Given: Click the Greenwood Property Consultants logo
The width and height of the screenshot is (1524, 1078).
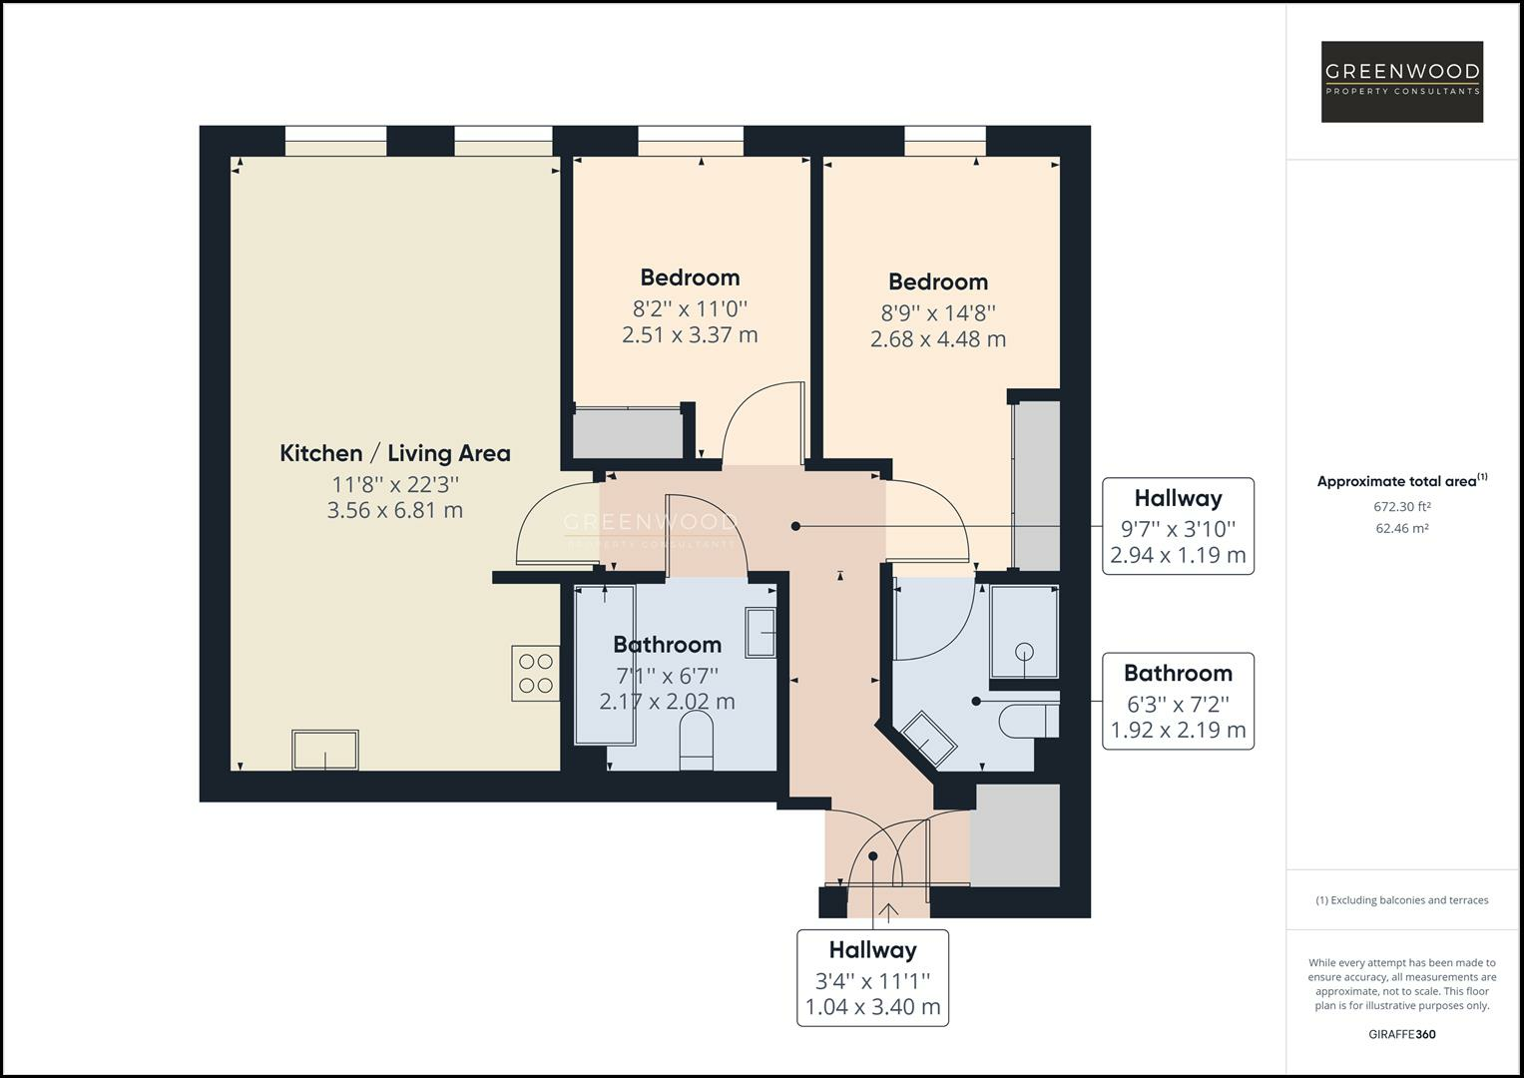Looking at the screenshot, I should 1401,82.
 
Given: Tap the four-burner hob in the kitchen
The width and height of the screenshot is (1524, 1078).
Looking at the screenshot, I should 535,674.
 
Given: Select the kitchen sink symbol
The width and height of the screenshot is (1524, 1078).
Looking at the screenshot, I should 325,750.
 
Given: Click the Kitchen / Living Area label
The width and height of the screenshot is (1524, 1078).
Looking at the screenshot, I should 395,453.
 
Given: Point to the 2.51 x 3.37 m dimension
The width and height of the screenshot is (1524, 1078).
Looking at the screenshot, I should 690,335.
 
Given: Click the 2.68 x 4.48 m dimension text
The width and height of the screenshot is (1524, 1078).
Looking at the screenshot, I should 937,339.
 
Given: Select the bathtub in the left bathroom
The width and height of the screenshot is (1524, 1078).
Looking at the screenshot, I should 605,665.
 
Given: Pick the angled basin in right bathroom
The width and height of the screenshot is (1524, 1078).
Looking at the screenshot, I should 929,738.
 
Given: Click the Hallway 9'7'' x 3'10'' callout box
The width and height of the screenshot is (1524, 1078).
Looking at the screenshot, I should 1178,526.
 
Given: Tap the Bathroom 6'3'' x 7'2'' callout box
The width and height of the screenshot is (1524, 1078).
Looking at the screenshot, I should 1178,701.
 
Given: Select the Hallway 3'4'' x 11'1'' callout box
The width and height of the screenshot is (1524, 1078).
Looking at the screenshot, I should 872,978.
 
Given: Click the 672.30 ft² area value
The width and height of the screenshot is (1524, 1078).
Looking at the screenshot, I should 1401,507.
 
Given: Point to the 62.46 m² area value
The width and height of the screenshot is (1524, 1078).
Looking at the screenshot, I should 1401,529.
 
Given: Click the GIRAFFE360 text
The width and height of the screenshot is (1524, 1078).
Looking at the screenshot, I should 1401,1034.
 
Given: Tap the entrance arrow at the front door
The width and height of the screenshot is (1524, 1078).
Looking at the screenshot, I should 888,910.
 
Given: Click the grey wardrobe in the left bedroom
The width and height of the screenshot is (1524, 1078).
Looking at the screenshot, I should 627,432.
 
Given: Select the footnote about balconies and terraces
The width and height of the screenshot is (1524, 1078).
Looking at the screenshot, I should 1401,900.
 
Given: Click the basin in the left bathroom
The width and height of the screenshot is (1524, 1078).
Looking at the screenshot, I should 761,632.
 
